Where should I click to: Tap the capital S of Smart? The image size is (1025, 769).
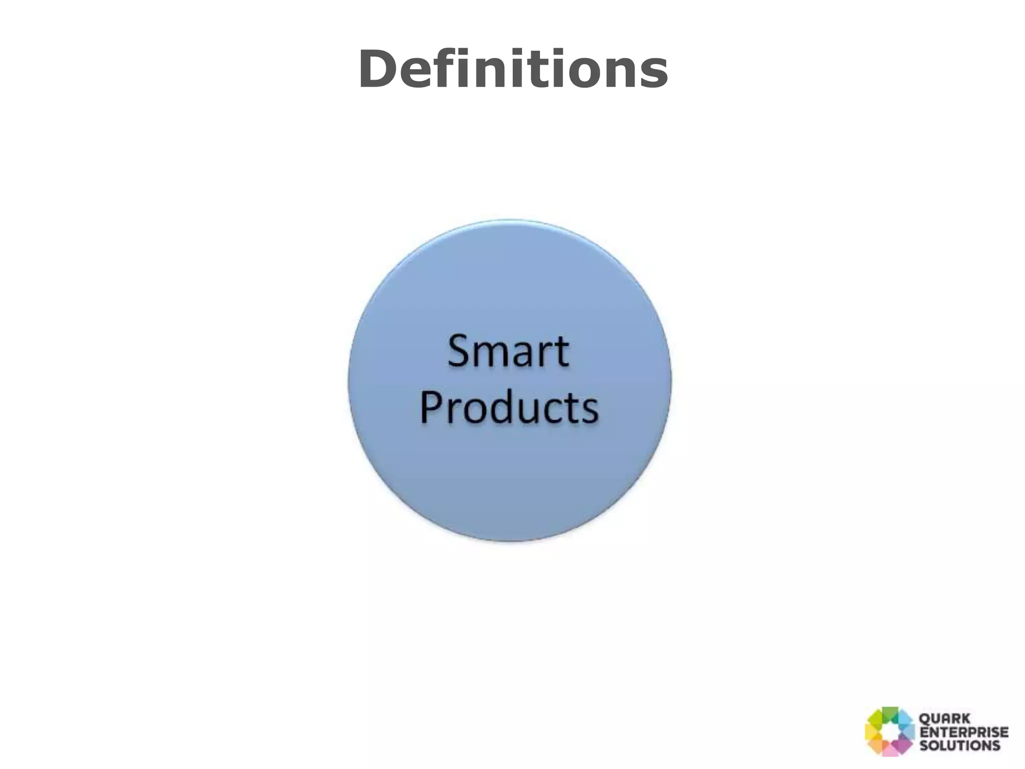click(x=459, y=351)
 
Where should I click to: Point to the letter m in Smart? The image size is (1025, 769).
click(x=495, y=355)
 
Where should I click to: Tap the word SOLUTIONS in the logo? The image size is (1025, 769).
click(x=960, y=745)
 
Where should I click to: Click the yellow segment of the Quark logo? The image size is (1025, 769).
click(x=872, y=732)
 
